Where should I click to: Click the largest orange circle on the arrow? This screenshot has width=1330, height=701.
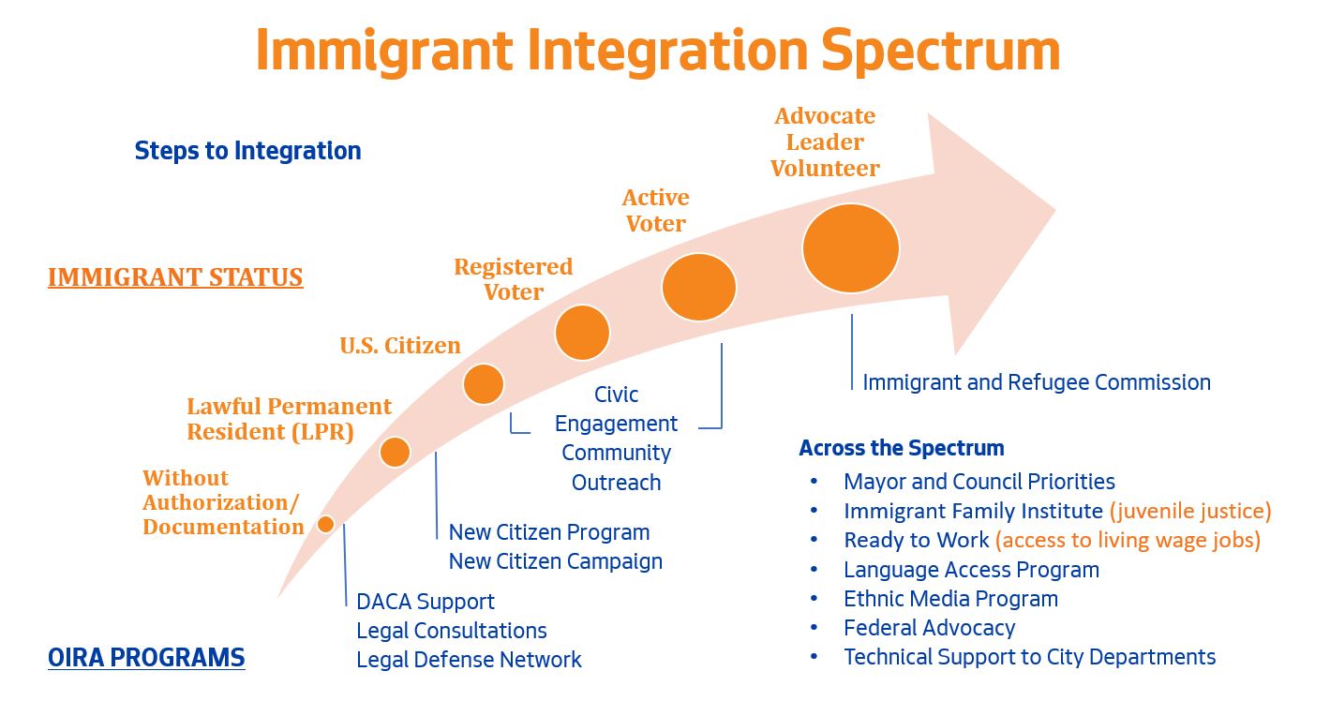click(850, 248)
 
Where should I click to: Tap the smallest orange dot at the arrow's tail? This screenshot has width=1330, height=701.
click(325, 524)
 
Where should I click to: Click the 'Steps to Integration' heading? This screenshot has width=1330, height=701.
click(247, 151)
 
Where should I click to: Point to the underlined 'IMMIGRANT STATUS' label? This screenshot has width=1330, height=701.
click(175, 277)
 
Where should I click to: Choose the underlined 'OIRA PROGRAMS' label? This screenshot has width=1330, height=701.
click(146, 658)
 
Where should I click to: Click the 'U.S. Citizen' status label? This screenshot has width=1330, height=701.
click(400, 346)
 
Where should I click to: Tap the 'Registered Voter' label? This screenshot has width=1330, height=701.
click(513, 279)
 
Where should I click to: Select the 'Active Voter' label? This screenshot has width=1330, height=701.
click(655, 211)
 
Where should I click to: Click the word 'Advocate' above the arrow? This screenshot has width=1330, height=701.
click(825, 116)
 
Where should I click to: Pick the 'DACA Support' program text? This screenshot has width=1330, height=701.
click(426, 602)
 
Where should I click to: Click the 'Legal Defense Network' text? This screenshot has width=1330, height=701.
click(469, 660)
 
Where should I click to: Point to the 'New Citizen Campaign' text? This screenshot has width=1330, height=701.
click(555, 561)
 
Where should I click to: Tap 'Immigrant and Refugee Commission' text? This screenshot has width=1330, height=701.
click(1037, 382)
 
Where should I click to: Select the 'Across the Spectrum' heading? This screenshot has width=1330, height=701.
click(901, 448)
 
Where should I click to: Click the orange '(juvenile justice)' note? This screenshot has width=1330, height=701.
click(1190, 511)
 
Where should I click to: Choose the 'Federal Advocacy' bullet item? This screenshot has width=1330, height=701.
click(929, 628)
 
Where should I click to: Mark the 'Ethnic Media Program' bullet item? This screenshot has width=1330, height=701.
click(950, 599)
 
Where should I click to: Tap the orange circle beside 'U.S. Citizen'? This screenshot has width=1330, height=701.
click(484, 383)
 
